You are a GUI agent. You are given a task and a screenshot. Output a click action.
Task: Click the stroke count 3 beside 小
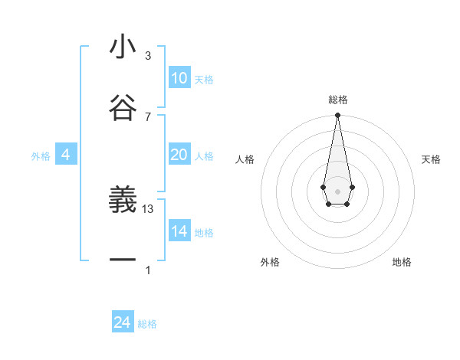pos(148,56)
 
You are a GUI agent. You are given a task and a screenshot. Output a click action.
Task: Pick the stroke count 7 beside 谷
pos(148,116)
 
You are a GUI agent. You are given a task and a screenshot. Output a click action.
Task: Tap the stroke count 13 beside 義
pos(149,209)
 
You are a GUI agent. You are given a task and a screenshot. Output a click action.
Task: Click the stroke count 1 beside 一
pos(148,270)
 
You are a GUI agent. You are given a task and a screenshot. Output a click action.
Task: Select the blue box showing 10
pos(179,78)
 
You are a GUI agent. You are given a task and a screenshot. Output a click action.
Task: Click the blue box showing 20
pos(179,155)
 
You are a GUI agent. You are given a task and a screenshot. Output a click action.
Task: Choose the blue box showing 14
pos(179,231)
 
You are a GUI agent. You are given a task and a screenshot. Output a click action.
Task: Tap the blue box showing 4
pos(66,155)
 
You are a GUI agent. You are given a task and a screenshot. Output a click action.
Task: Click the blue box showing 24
pos(123,322)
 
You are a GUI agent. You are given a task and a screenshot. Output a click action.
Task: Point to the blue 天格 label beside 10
pos(204,80)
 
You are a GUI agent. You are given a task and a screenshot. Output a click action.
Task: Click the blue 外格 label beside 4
pos(41,156)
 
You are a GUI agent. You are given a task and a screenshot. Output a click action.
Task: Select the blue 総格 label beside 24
pos(147,324)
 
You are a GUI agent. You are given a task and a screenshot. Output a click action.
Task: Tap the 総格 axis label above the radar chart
pos(337,100)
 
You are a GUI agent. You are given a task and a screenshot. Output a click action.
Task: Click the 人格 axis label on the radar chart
pos(245,159)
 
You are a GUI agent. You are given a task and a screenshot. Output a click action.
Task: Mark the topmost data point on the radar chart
pos(337,115)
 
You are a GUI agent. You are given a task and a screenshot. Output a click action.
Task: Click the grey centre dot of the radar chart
pos(337,190)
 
